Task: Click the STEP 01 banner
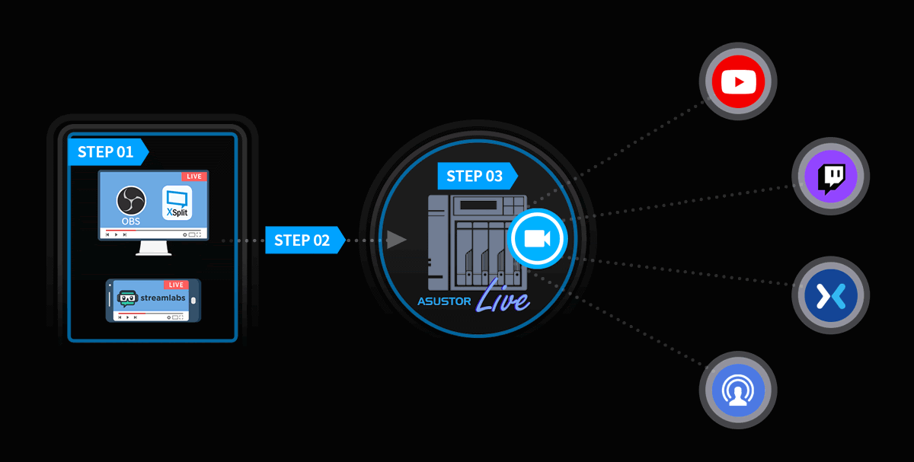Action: click(107, 152)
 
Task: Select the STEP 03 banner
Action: click(478, 176)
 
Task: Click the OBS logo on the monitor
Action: click(131, 201)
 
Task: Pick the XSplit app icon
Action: click(177, 203)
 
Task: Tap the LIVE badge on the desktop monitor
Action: click(194, 176)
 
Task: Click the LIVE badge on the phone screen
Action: click(176, 285)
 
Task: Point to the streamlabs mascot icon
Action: click(127, 298)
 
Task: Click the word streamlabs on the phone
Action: click(163, 298)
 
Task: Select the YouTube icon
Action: click(738, 81)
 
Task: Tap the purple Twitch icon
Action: click(831, 176)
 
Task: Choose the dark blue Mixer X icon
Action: click(831, 295)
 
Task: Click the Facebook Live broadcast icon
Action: click(738, 390)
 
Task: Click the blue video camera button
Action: click(538, 238)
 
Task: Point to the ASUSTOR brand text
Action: click(444, 301)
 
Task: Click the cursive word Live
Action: click(503, 298)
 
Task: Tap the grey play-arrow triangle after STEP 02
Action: click(396, 239)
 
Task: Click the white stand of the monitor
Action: click(153, 248)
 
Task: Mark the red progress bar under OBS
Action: click(120, 231)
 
